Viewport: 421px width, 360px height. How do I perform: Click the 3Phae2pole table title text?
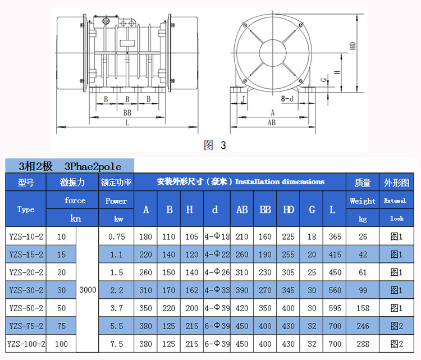pyautogui.click(x=93, y=166)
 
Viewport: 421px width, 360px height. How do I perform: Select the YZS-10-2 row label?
pyautogui.click(x=26, y=236)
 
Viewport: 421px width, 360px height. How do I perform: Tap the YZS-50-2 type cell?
pyautogui.click(x=26, y=308)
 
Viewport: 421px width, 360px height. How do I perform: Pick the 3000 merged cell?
pyautogui.click(x=88, y=290)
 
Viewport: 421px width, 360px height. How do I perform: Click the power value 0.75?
pyautogui.click(x=116, y=236)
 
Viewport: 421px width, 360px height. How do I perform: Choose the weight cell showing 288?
pyautogui.click(x=363, y=344)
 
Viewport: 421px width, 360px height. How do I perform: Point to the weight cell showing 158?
pyautogui.click(x=363, y=308)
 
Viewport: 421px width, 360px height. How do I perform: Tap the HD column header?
pyautogui.click(x=289, y=209)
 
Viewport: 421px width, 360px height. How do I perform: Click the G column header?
pyautogui.click(x=312, y=209)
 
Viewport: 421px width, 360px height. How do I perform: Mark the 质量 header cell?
pyautogui.click(x=363, y=183)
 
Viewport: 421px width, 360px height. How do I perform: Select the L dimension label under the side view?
pyautogui.click(x=128, y=121)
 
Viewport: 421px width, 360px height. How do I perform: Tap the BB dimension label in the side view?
pyautogui.click(x=128, y=112)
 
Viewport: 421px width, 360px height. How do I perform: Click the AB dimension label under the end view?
pyautogui.click(x=271, y=121)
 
